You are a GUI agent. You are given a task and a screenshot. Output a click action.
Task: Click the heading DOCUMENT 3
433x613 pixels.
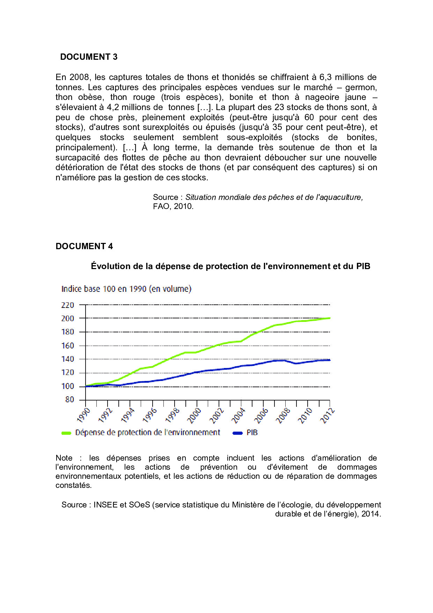(x=89, y=57)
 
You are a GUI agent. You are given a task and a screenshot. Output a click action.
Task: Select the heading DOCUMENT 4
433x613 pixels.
(x=84, y=246)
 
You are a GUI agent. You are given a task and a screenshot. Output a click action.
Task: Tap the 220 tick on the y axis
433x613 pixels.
(x=67, y=305)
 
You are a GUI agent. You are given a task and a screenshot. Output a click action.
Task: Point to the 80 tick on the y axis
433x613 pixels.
(x=69, y=399)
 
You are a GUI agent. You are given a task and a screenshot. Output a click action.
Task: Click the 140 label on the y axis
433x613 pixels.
(x=67, y=359)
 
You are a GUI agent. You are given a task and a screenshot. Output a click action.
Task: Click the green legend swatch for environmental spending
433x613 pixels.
(x=66, y=433)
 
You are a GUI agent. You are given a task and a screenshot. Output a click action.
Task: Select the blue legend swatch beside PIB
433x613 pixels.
(x=237, y=433)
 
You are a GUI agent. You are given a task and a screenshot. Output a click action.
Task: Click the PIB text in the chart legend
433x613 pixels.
(x=252, y=433)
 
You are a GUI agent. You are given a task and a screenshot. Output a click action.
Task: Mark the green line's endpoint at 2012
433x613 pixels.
(x=329, y=318)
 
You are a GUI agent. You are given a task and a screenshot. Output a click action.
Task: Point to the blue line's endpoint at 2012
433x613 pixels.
(x=329, y=360)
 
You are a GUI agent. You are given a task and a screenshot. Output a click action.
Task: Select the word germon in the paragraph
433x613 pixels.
(x=361, y=87)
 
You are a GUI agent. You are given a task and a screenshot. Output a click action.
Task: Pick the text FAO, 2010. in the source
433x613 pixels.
(x=173, y=206)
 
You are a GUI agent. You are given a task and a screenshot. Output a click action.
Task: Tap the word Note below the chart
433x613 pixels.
(x=64, y=458)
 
